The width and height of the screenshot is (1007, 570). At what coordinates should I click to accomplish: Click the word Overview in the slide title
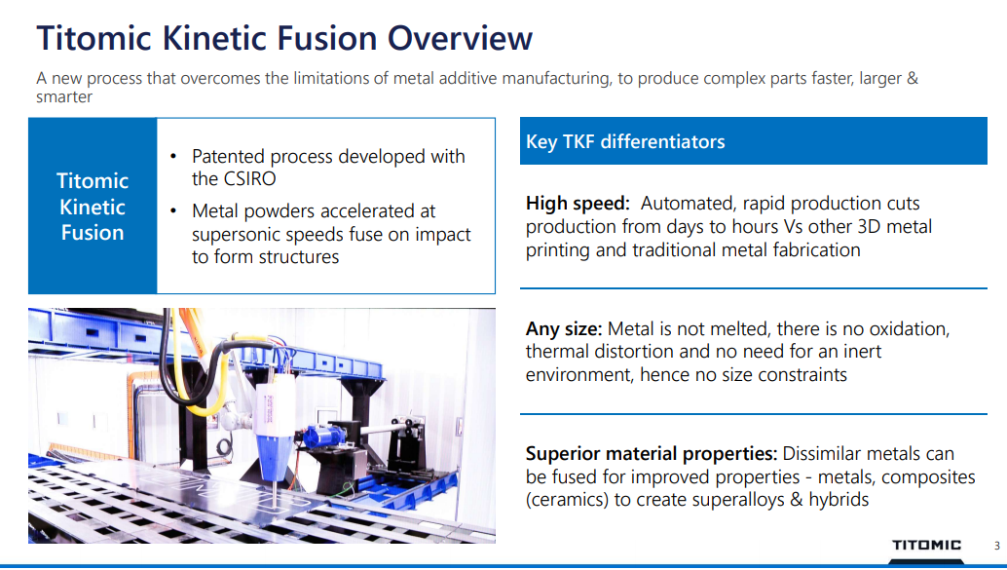(x=459, y=38)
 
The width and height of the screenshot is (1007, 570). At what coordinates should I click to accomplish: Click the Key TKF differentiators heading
(x=625, y=141)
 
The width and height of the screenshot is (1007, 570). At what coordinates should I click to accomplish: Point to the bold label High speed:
(x=578, y=204)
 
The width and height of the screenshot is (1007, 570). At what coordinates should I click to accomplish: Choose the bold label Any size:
(x=564, y=329)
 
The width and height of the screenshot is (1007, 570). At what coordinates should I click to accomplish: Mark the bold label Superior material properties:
(x=652, y=454)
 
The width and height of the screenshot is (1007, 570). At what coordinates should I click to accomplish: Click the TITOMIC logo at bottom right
(x=926, y=545)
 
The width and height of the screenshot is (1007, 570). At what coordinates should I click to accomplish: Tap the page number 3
(x=996, y=546)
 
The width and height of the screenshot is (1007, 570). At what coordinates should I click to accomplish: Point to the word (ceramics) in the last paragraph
(x=567, y=500)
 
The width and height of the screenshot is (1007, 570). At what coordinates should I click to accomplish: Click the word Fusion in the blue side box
(x=93, y=233)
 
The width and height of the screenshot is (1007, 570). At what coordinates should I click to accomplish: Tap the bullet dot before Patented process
(x=172, y=157)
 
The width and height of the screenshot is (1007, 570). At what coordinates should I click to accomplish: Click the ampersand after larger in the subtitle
(x=912, y=78)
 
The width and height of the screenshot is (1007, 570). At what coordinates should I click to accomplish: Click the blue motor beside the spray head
(x=323, y=436)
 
